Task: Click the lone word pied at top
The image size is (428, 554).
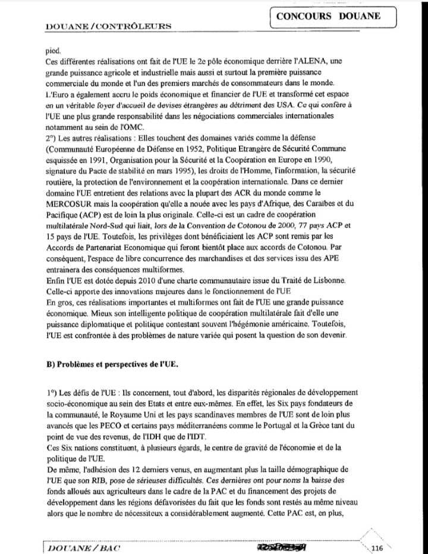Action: coord(53,52)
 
